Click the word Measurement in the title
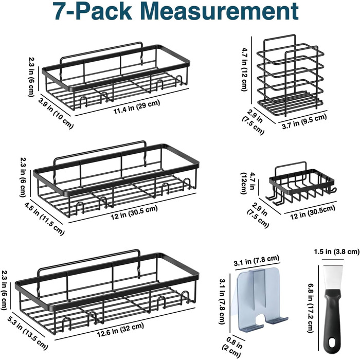coord(220,11)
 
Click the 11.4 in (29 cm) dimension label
coord(137,107)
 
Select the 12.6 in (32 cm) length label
coord(120,330)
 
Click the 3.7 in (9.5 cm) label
coord(304,121)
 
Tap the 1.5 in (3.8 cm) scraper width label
coord(336,252)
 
